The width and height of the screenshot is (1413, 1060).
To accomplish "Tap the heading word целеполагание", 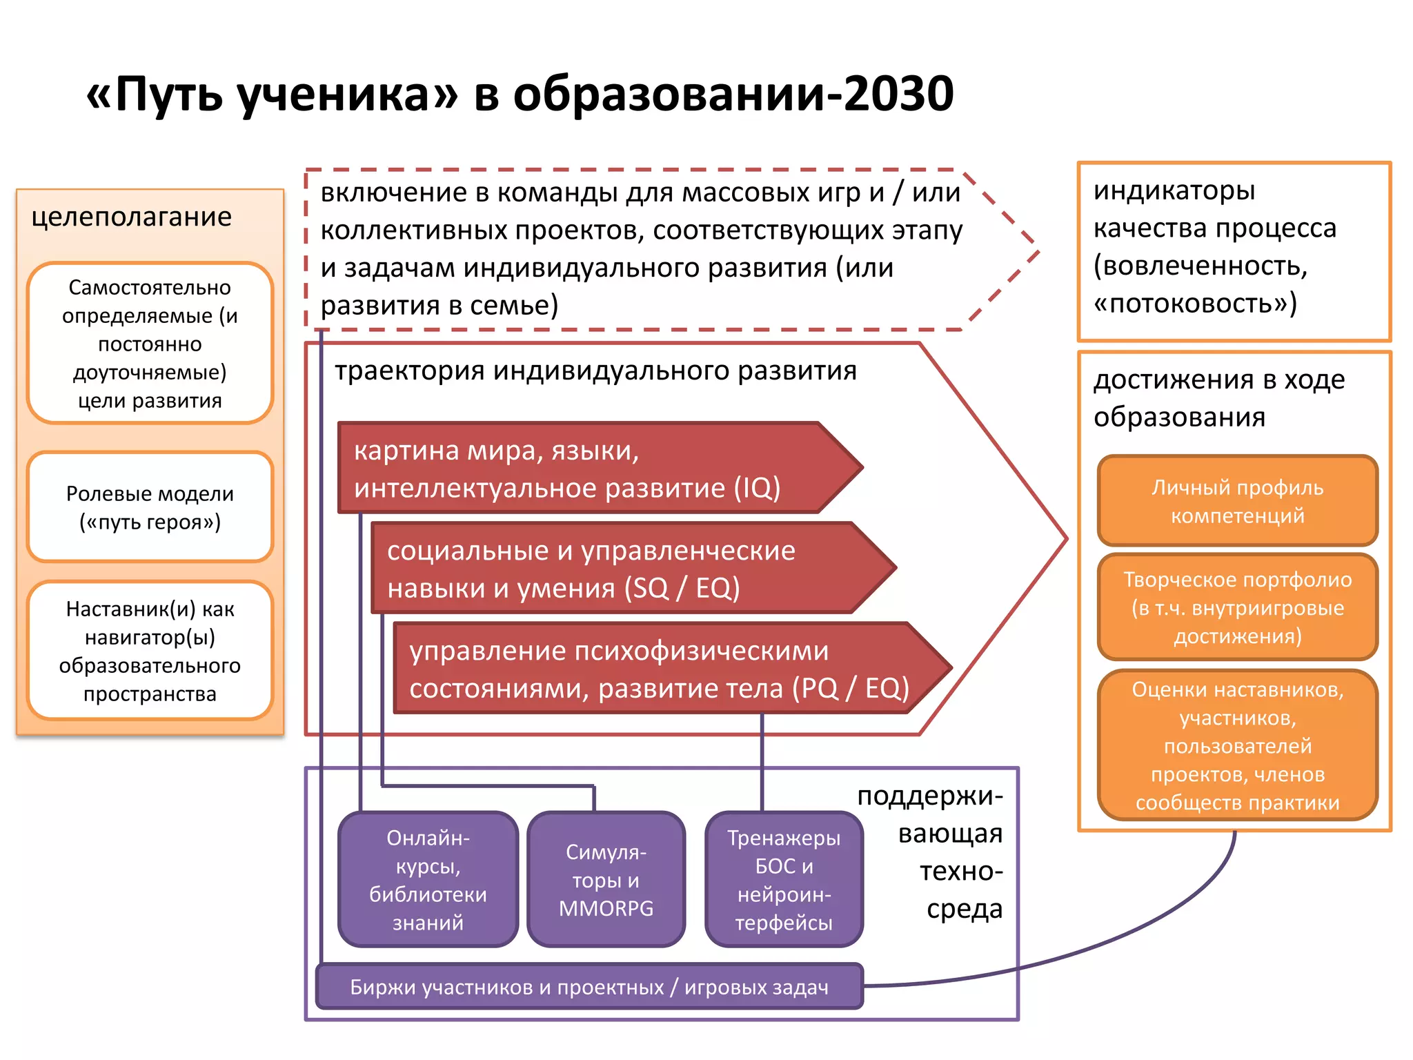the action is (x=131, y=217).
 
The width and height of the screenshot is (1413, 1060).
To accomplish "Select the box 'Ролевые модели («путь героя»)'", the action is (x=150, y=507).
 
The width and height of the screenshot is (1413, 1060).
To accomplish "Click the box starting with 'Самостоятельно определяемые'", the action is (x=150, y=343).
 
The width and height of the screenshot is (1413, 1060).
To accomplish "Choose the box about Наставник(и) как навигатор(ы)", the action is (x=150, y=651).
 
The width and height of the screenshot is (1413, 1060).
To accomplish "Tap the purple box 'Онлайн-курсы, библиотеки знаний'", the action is (x=428, y=879).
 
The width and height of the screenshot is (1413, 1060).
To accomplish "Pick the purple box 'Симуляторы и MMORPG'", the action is (x=606, y=879).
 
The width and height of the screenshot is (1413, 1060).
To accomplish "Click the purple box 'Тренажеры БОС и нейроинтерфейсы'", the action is (x=784, y=879).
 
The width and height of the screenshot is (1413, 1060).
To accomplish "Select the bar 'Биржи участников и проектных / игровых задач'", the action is (x=589, y=987).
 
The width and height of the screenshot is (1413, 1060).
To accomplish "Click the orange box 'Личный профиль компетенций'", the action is (x=1237, y=501).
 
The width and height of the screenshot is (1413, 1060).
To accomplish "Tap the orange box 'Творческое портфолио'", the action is (x=1237, y=607).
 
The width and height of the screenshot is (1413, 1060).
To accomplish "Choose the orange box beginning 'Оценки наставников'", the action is (x=1237, y=745).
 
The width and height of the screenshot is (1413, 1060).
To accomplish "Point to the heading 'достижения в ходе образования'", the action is (x=1218, y=398).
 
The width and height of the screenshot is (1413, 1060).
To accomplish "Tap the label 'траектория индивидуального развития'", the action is (x=595, y=371).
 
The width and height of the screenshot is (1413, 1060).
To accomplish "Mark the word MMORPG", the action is (x=606, y=908).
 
